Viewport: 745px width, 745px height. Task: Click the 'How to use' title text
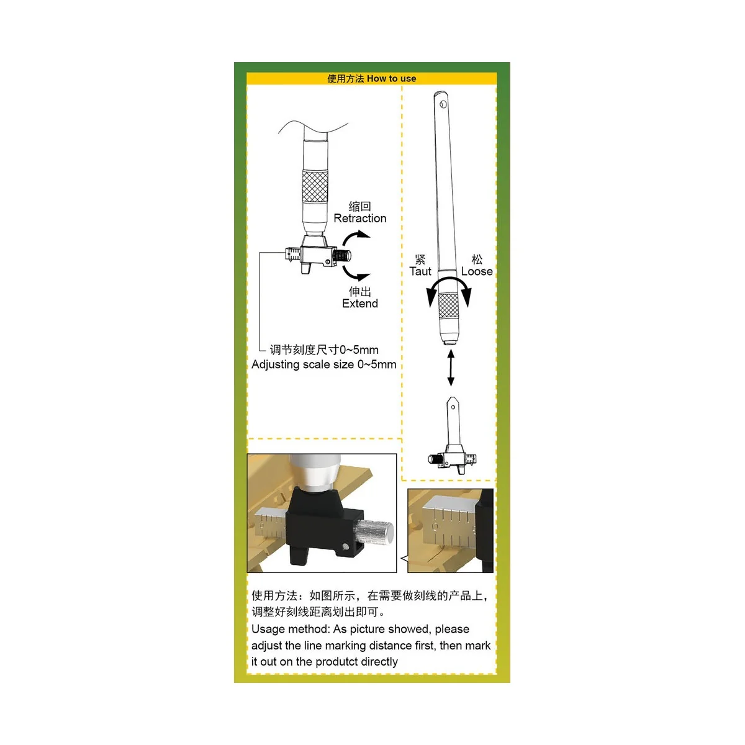(391, 79)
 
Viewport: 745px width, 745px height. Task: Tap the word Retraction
(359, 219)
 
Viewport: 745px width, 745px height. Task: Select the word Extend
(359, 304)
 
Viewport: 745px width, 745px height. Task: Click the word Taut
(420, 271)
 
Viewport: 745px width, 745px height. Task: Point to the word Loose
(476, 271)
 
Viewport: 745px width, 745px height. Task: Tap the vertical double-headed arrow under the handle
(451, 368)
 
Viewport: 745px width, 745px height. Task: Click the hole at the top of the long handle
(443, 103)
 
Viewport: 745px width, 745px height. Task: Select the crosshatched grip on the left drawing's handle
(315, 187)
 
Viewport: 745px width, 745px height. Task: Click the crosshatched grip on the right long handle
(448, 305)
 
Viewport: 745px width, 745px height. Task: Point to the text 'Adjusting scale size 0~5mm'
(323, 364)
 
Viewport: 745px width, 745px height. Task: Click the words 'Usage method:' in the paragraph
(290, 629)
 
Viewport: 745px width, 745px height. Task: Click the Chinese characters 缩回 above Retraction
(359, 206)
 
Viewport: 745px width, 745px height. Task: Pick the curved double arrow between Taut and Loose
(448, 286)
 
